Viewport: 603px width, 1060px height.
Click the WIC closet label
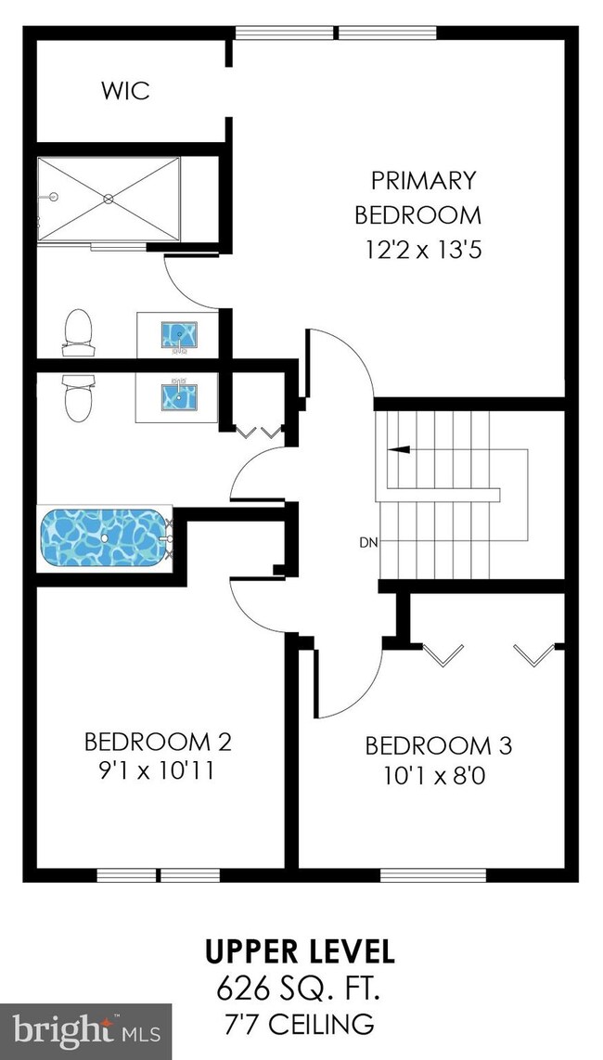point(126,91)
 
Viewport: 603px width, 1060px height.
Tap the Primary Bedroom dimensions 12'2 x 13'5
point(423,251)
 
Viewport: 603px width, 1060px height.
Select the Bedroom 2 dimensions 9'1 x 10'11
point(157,770)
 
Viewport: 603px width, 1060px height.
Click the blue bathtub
point(103,538)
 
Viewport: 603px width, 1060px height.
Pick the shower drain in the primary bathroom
point(109,199)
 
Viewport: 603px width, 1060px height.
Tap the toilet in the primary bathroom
point(78,332)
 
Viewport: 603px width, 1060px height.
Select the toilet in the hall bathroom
point(78,399)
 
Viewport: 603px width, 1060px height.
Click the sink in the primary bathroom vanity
point(179,335)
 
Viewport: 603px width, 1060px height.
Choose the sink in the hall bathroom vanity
point(179,396)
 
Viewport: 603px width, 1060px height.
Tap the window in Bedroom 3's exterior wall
point(433,875)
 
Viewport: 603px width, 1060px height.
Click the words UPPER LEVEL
point(300,951)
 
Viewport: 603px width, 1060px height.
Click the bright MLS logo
point(86,1032)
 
